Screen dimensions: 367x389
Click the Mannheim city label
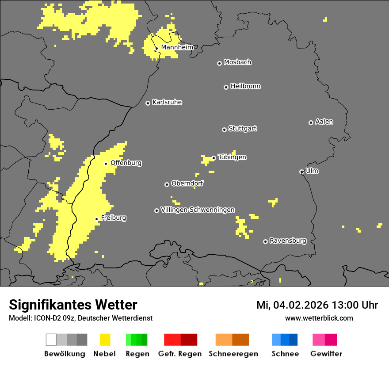177,47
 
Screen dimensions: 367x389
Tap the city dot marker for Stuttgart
224,130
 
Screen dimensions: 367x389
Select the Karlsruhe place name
167,102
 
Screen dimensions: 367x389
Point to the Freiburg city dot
96,219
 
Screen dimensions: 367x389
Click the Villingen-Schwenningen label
198,210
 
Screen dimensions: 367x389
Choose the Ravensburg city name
288,241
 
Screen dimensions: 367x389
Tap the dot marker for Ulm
301,172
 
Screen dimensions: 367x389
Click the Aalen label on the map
324,122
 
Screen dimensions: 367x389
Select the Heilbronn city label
245,86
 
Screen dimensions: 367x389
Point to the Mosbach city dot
219,63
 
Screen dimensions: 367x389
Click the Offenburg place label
126,163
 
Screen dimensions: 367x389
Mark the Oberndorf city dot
167,184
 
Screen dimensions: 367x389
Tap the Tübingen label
232,157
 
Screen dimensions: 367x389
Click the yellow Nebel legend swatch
105,340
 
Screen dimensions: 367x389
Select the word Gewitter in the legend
326,354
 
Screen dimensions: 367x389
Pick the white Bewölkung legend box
51,340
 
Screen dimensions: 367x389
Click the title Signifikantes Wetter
73,305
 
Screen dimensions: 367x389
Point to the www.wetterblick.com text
319,318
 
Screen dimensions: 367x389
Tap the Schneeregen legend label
233,354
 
